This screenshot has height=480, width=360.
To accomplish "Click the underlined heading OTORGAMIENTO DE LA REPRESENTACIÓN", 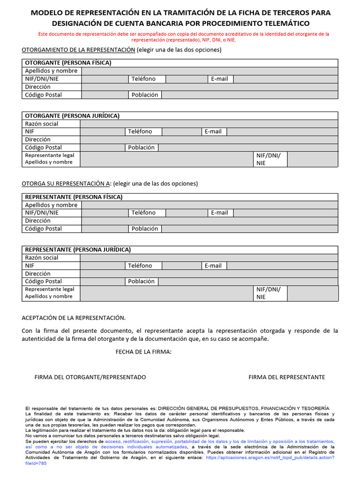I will tap(78, 50).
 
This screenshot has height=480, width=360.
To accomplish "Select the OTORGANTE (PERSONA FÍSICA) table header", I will tap(68, 63).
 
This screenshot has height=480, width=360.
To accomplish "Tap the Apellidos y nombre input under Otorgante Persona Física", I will tap(209, 71).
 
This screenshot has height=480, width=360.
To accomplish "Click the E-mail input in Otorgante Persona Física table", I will tap(285, 79).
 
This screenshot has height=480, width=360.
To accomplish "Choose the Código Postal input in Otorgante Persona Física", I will tap(105, 95).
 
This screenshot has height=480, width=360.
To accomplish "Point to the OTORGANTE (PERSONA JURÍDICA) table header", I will tap(72, 116).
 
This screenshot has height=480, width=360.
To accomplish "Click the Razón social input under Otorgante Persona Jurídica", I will tap(209, 124).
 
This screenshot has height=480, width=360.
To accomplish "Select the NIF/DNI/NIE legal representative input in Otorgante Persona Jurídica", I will tap(312, 159).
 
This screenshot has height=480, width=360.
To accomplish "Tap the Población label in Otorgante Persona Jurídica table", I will tap(141, 147).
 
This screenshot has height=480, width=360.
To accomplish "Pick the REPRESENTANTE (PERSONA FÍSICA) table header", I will tap(74, 197).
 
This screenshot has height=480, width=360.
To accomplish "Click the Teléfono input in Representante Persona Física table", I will tap(187, 213).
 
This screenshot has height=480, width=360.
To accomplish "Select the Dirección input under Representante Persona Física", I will tap(209, 221).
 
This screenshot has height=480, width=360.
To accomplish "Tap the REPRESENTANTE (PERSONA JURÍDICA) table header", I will tap(78, 250).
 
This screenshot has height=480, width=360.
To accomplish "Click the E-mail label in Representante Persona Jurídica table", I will tap(213, 266).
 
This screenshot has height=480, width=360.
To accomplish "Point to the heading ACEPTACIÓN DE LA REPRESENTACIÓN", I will tap(74, 318).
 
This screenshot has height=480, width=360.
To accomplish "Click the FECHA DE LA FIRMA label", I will tap(143, 352).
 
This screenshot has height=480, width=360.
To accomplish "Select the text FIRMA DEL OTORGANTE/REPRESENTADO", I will tap(90, 377).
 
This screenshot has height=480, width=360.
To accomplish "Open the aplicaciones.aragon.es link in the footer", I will tap(270, 457).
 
